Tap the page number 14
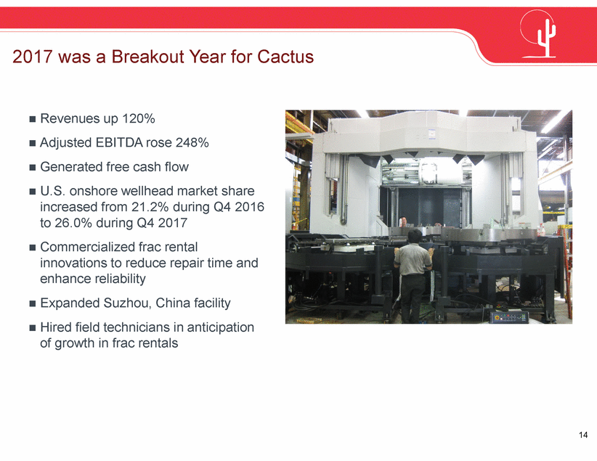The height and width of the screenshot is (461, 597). pos(583,435)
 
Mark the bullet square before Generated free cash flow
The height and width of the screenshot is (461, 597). pos(33,167)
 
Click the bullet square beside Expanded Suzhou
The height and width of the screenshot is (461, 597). pos(33,303)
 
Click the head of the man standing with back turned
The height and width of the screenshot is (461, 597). pos(415,236)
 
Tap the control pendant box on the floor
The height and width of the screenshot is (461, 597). pos(508,317)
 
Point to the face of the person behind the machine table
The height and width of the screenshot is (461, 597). pos(403,221)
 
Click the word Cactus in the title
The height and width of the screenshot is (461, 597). pos(285,57)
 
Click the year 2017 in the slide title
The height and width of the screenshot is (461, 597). pos(32,57)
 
